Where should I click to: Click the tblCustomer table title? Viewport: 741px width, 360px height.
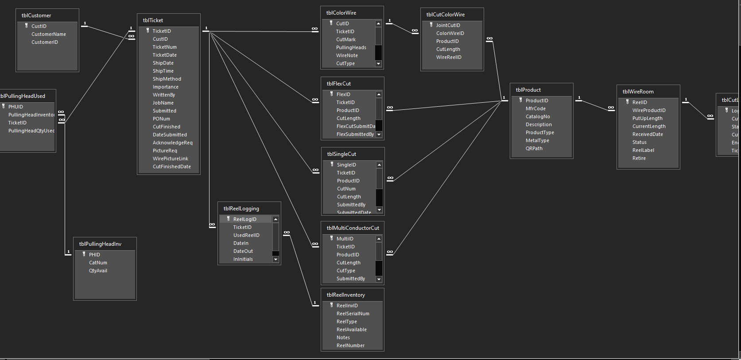36,15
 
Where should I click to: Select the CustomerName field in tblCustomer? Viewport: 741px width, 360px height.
49,34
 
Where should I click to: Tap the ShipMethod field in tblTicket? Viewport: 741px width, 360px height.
167,79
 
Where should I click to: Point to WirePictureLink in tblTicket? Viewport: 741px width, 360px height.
171,159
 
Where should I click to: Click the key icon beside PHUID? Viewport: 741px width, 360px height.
4,106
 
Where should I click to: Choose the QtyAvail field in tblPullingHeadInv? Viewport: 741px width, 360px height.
98,271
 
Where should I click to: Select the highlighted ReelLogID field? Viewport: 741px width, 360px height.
245,219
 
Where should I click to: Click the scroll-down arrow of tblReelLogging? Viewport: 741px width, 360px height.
275,259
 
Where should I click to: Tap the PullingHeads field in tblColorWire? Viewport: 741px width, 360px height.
351,47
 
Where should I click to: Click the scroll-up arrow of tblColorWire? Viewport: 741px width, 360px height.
378,23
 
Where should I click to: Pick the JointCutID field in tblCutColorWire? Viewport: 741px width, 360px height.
448,25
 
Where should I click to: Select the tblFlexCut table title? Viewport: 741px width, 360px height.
339,84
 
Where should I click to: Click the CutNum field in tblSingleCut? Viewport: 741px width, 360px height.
346,189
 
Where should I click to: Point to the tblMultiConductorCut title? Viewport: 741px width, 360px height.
353,228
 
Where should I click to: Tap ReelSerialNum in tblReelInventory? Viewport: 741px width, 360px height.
353,314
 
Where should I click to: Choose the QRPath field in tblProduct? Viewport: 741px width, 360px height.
534,148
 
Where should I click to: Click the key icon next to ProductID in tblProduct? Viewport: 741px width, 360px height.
520,100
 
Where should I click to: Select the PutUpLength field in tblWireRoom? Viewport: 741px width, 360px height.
648,118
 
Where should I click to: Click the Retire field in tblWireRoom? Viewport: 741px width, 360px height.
639,158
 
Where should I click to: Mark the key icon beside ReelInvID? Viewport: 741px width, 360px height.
331,305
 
